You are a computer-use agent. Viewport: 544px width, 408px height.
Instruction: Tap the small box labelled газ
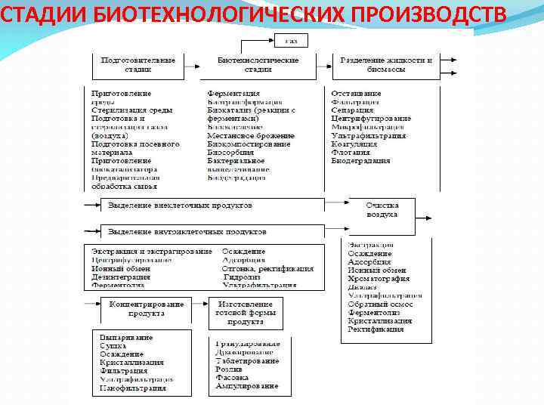point(291,39)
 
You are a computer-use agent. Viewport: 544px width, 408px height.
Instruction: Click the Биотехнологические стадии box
point(258,65)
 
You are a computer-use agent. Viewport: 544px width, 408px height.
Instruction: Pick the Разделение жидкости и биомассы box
point(386,65)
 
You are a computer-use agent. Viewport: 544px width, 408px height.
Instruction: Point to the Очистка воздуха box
point(382,210)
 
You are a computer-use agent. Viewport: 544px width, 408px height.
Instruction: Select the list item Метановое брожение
point(248,135)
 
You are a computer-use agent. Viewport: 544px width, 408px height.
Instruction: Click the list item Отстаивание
point(357,94)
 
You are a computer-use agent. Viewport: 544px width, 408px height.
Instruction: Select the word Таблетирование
point(247,361)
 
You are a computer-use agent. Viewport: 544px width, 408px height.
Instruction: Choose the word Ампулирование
point(246,386)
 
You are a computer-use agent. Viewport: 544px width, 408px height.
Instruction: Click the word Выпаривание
point(126,337)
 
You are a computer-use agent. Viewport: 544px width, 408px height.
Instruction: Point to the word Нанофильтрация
point(132,388)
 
